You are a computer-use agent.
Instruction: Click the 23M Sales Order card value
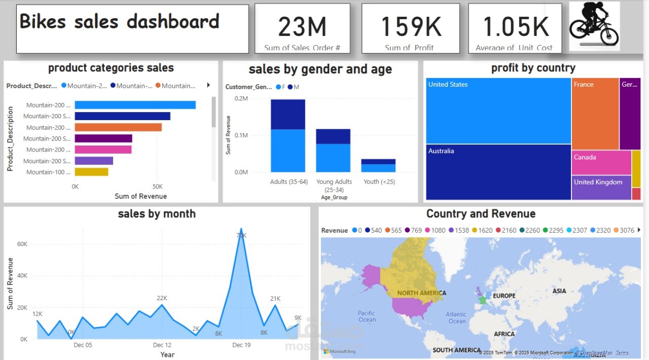pyautogui.click(x=302, y=27)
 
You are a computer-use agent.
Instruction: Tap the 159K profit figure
pyautogui.click(x=411, y=27)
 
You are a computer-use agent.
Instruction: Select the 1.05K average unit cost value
pyautogui.click(x=516, y=27)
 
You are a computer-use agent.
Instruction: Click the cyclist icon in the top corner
pyautogui.click(x=594, y=25)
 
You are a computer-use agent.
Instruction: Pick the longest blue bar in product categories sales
pyautogui.click(x=135, y=105)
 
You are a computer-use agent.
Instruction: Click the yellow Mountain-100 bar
pyautogui.click(x=91, y=172)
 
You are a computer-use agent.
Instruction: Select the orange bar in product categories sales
pyautogui.click(x=118, y=127)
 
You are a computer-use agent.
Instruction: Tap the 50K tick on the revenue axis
pyautogui.click(x=157, y=187)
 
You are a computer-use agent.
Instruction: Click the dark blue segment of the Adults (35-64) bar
pyautogui.click(x=288, y=114)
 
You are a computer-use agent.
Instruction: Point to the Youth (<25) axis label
pyautogui.click(x=379, y=182)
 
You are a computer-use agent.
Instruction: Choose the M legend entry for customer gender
pyautogui.click(x=296, y=87)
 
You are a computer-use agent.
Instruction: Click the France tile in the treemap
pyautogui.click(x=595, y=114)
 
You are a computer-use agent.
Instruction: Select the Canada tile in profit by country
pyautogui.click(x=601, y=162)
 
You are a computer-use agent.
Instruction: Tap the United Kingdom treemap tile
pyautogui.click(x=601, y=187)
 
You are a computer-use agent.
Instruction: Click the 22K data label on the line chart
pyautogui.click(x=162, y=298)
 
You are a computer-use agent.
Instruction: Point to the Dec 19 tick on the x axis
pyautogui.click(x=241, y=345)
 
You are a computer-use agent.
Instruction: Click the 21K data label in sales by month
pyautogui.click(x=275, y=299)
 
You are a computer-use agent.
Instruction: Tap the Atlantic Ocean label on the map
pyautogui.click(x=456, y=318)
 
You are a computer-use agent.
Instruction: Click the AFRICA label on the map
pyautogui.click(x=504, y=334)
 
